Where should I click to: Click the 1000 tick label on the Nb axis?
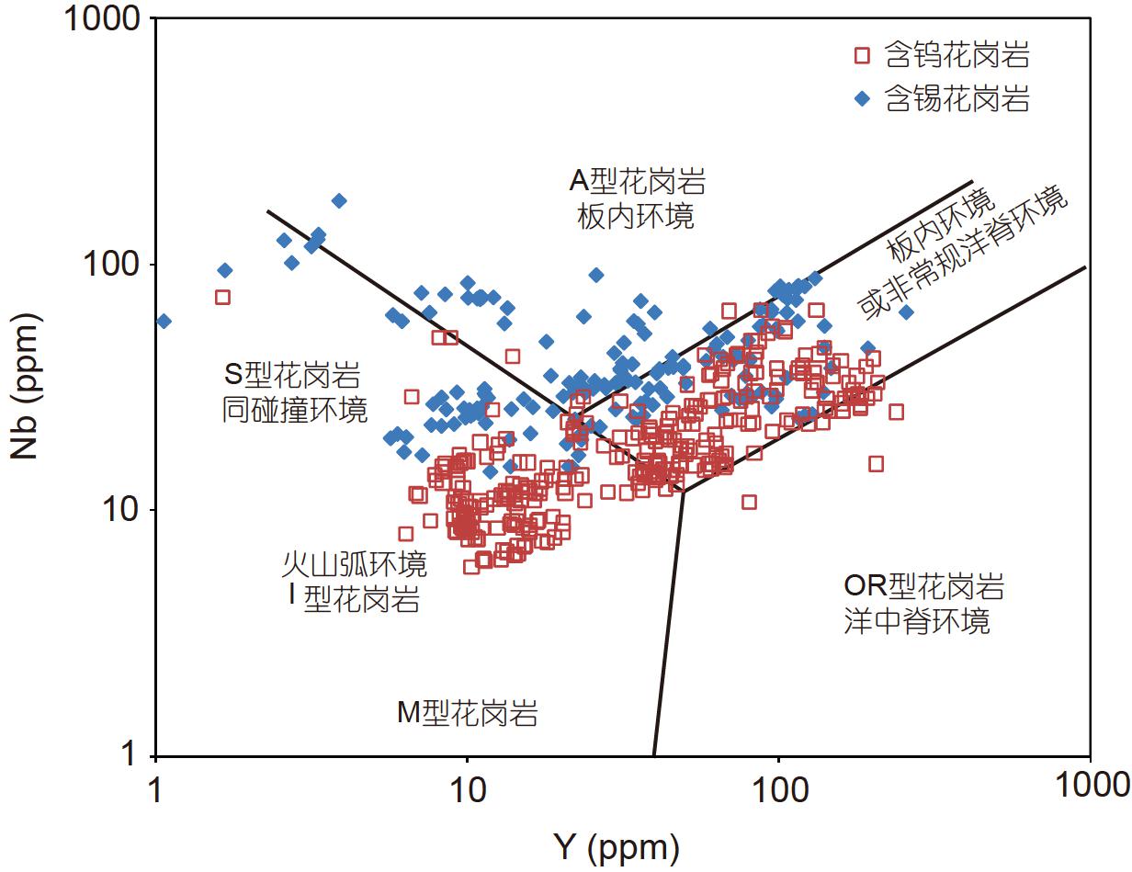103,19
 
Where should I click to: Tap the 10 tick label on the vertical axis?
123,510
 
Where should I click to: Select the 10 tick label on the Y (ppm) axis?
468,787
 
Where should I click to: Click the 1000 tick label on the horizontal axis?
1090,787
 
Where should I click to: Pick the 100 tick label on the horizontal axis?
778,787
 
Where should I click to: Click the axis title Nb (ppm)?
26,387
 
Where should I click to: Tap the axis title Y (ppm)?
617,847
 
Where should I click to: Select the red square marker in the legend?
861,56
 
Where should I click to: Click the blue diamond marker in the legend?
861,99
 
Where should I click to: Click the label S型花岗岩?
293,375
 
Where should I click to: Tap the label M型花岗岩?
468,713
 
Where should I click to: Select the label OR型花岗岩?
923,586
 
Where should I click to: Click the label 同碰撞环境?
295,410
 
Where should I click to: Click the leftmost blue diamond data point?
164,321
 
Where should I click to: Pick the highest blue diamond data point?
339,200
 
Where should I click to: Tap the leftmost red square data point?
222,297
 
